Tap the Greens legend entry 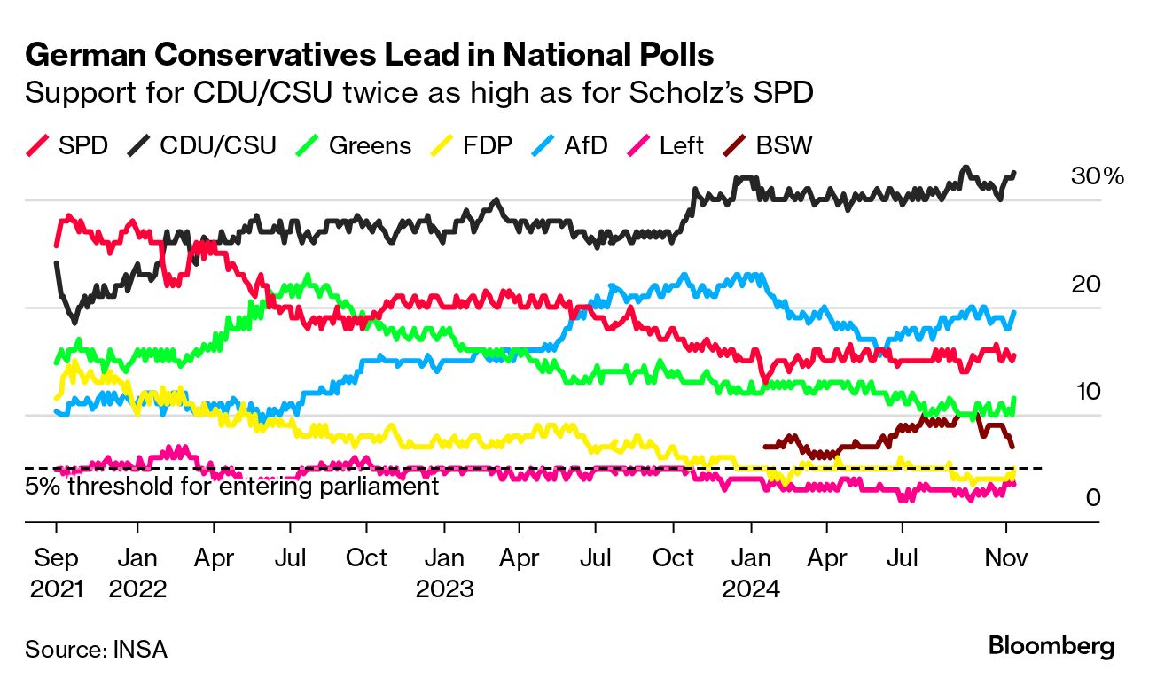355,145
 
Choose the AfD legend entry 573,145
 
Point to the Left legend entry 668,145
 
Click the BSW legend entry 770,145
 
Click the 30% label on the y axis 1097,176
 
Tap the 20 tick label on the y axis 1086,284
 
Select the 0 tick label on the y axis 1093,498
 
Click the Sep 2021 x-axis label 55,573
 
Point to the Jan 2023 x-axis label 444,573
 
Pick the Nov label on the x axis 1005,558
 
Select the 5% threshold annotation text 231,487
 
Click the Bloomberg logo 1051,646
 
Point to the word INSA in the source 140,649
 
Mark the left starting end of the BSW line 765,447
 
